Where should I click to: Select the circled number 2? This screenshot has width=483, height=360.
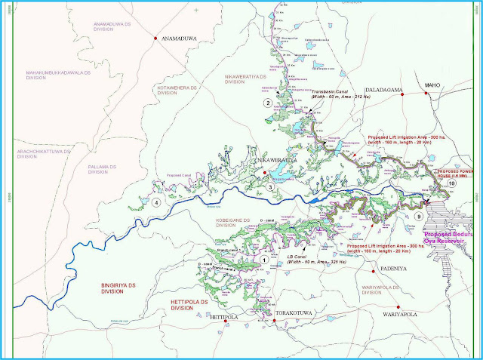click(x=266, y=102)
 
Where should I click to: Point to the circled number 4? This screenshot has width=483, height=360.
click(x=156, y=202)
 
